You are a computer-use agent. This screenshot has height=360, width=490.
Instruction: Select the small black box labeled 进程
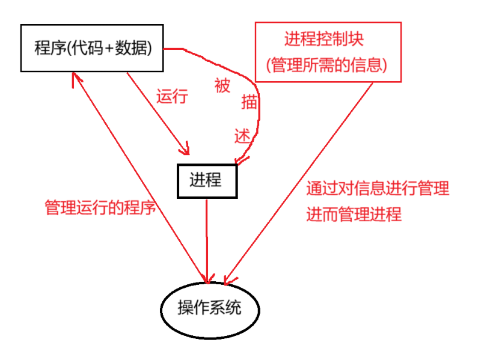click(x=206, y=180)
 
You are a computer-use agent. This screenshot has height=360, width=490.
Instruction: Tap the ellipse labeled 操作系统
click(x=210, y=308)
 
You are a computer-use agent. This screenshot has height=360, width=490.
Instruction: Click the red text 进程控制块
click(x=324, y=40)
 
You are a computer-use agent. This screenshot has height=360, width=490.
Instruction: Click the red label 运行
click(x=172, y=96)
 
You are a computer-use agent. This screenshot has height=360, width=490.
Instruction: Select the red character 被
click(x=222, y=86)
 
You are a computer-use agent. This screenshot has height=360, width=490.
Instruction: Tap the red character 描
click(x=250, y=102)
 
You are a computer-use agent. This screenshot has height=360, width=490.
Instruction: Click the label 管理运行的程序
click(x=100, y=208)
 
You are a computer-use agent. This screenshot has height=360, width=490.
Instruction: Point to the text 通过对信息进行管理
click(x=378, y=188)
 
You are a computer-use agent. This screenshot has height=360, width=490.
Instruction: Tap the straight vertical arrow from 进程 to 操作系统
click(x=207, y=240)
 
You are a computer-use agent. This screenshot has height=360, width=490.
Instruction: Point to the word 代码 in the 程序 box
click(x=88, y=48)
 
